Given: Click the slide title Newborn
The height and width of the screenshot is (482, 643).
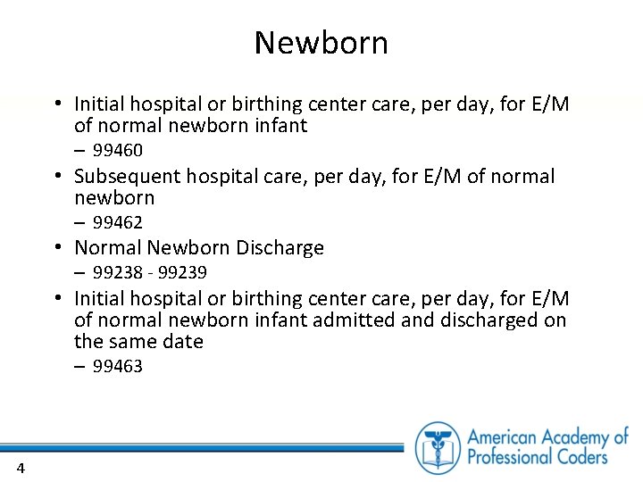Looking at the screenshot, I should point(321,43).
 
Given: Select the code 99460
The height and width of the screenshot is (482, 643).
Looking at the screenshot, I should point(118,150).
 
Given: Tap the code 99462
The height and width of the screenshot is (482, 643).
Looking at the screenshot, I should point(118,222).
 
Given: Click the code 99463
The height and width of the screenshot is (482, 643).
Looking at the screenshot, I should point(118,367).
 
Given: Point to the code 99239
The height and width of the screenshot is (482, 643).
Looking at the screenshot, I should point(182,272).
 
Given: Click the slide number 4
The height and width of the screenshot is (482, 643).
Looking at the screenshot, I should point(20,469).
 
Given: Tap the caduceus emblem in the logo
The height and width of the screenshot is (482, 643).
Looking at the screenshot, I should point(438,447).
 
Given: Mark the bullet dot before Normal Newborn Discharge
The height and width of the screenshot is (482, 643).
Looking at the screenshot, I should point(56,248).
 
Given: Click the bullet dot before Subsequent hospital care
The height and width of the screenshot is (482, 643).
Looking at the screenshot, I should point(56,177).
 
